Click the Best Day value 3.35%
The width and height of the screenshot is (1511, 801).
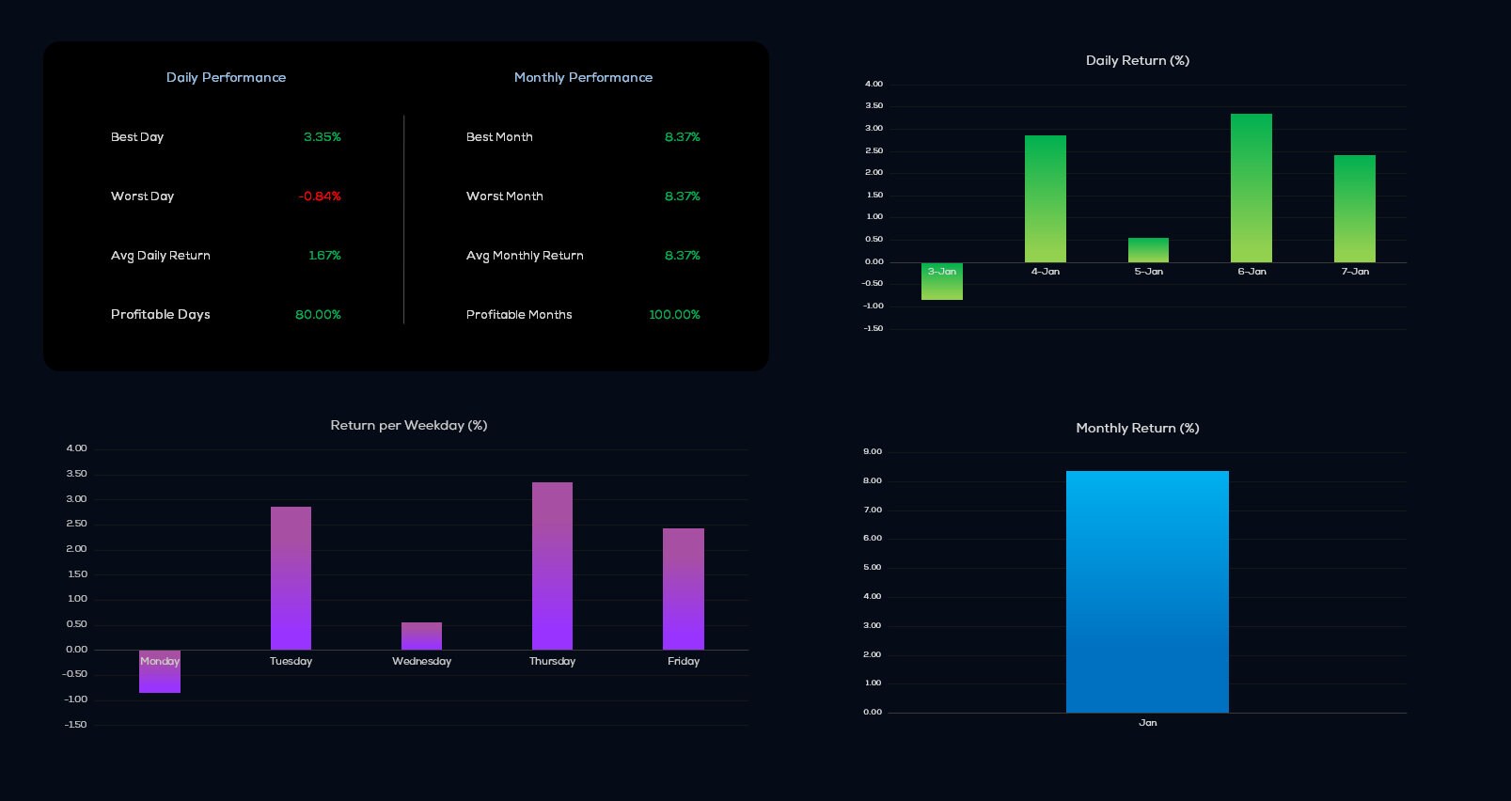tap(322, 137)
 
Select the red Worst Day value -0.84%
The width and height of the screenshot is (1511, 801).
tap(320, 196)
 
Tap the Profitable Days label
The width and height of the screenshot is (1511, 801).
tap(160, 315)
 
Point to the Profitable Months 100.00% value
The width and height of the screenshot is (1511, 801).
tap(674, 315)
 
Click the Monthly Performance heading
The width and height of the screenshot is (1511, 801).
tap(583, 78)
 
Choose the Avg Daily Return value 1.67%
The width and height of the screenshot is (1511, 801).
tap(324, 256)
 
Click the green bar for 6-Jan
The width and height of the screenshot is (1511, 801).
tap(1251, 188)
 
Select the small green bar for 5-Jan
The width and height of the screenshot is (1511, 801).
tap(1148, 250)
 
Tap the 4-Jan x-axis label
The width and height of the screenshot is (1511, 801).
tap(1045, 272)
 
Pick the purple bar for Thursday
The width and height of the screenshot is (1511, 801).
tap(552, 566)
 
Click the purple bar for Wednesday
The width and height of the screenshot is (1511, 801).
tap(421, 636)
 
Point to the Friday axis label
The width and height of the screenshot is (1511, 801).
tap(684, 662)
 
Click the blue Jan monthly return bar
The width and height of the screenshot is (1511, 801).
tap(1147, 592)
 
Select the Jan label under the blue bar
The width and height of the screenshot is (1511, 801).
tap(1147, 723)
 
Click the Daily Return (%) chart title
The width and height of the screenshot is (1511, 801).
tap(1137, 61)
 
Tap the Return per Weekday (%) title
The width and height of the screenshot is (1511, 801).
tap(408, 426)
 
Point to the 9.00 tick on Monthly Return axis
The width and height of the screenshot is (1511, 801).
tap(873, 452)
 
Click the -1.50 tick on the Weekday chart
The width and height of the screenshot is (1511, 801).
tap(75, 725)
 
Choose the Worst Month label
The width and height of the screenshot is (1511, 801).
tap(504, 196)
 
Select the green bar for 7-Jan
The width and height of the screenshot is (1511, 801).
tap(1354, 209)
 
